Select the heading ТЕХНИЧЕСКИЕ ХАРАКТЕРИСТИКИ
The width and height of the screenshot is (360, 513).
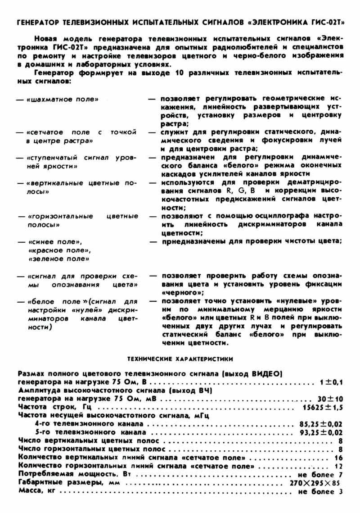[180, 359]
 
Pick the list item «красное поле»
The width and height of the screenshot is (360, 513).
[59, 250]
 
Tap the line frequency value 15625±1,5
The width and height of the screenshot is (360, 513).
[321, 408]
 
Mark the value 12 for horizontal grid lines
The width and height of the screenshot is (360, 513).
[339, 466]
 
